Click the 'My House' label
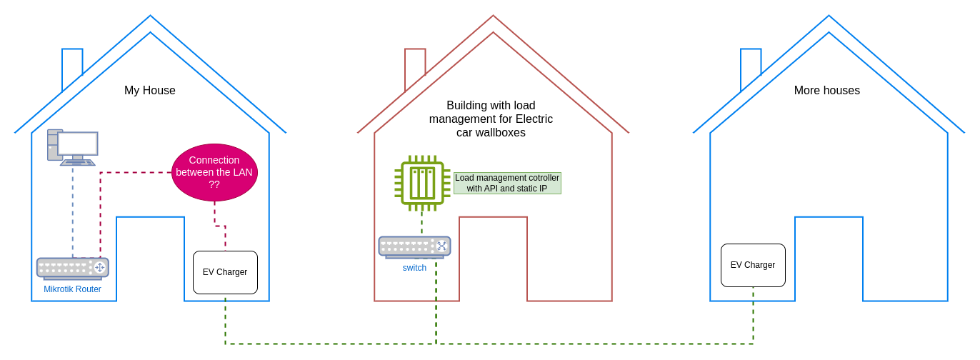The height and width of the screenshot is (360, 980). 150,91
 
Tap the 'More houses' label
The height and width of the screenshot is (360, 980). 826,91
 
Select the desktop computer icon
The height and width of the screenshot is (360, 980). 73,148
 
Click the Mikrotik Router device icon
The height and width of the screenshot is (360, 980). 72,268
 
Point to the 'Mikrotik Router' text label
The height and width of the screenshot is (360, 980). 72,289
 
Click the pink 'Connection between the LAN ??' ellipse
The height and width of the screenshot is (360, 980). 214,172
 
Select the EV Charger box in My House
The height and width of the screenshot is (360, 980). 225,272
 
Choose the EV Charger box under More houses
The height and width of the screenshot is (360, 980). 753,265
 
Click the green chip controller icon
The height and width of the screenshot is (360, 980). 422,183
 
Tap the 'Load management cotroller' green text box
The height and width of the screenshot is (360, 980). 507,183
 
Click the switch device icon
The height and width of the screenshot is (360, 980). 414,246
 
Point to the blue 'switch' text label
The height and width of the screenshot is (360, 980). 414,268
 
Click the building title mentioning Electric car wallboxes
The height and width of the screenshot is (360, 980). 491,119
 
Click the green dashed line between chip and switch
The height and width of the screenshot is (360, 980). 421,223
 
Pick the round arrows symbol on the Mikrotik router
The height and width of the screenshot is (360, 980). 99,268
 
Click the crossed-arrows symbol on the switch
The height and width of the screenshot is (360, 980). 441,246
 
